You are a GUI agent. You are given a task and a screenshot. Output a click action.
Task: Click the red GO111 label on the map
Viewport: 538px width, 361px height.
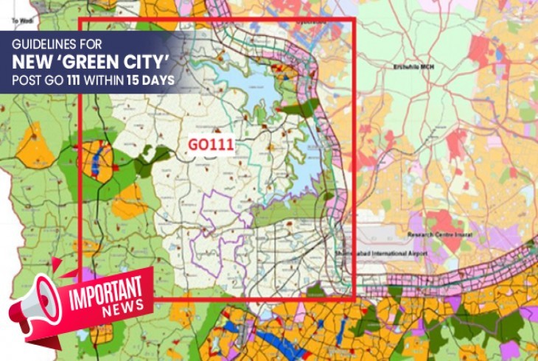click(211, 145)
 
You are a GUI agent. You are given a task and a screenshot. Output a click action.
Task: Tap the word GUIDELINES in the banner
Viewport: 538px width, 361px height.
click(44, 43)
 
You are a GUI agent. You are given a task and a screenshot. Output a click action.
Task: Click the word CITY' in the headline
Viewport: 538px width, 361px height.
click(150, 60)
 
